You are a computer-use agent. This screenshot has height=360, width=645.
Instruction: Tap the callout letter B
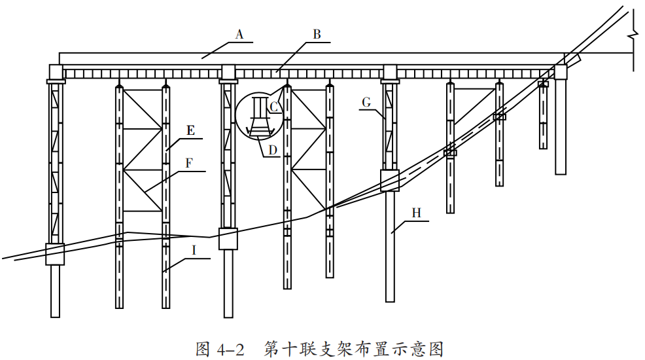[317, 35]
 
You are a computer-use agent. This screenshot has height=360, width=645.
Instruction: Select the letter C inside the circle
[274, 105]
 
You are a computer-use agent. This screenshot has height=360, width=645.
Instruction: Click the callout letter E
[190, 130]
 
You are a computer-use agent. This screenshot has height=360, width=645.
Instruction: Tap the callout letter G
[366, 102]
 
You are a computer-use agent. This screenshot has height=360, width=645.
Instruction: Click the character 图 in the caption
[203, 348]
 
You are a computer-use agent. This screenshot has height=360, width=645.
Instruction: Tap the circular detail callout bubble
[260, 116]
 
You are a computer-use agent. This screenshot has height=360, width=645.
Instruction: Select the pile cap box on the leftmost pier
[55, 253]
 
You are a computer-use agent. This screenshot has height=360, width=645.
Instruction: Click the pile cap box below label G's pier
[389, 180]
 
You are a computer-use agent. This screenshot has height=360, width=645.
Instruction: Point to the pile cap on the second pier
[228, 238]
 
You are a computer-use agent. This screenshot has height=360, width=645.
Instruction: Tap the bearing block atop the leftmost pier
[55, 71]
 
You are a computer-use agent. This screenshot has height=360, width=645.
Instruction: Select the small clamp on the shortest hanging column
[543, 84]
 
